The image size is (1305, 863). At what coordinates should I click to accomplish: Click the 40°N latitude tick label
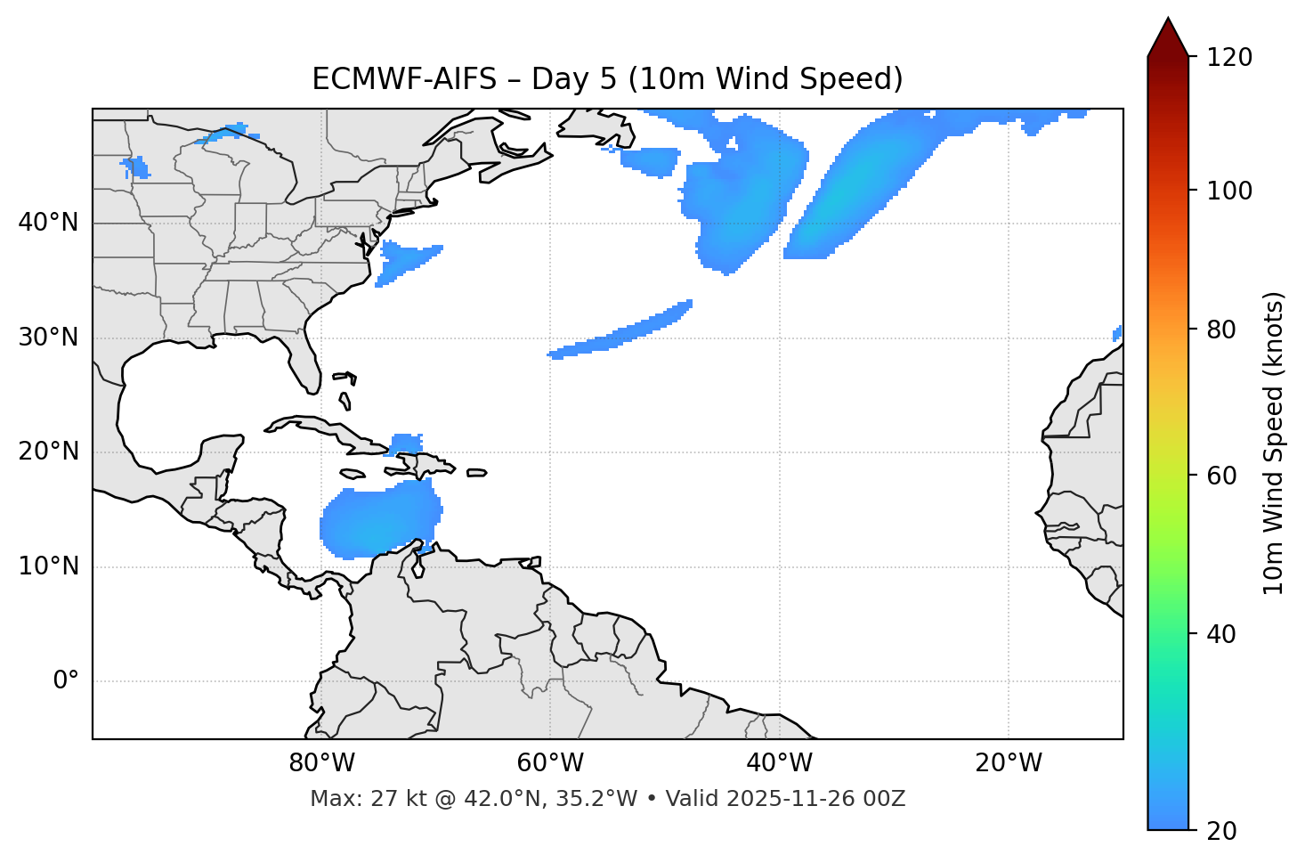point(48,223)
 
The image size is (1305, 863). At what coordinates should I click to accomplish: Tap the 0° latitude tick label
point(66,681)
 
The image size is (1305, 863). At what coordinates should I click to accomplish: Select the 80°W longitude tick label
point(321,763)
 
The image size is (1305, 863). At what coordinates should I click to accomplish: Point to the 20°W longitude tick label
point(1009,763)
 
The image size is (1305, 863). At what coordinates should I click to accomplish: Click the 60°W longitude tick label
point(550,763)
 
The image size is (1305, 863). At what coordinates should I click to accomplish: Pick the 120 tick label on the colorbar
point(1229,58)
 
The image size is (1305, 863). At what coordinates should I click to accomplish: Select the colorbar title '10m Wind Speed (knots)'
point(1274,443)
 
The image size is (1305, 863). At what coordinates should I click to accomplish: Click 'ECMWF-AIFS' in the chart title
point(404,79)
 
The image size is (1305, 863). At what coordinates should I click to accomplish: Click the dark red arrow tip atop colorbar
point(1168,36)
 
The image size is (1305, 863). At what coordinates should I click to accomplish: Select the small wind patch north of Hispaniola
point(407,443)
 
